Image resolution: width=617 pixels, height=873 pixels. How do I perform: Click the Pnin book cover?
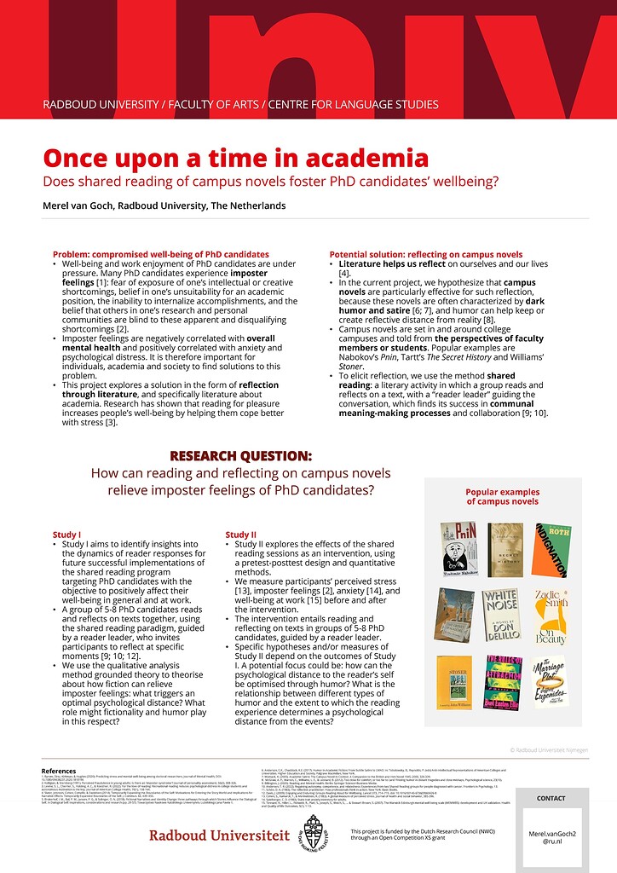(458, 550)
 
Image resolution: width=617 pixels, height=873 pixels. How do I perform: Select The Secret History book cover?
(505, 550)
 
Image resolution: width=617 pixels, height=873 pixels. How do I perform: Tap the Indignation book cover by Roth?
(551, 550)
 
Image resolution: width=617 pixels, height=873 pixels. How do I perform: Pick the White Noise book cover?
(500, 615)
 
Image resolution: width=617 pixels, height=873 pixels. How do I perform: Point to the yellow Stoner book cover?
(453, 680)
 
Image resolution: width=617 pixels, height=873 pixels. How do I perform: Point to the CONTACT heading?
(551, 799)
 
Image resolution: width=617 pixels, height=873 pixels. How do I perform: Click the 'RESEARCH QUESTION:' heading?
(240, 456)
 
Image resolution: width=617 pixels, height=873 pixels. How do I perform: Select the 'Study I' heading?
(66, 535)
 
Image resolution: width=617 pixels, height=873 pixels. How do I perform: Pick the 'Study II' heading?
(240, 535)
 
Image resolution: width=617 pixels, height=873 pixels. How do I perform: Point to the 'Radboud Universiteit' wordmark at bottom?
(219, 835)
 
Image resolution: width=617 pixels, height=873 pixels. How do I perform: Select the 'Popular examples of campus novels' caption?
(502, 497)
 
